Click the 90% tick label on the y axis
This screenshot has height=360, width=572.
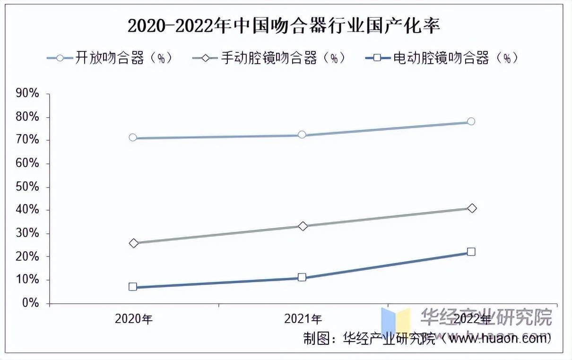coord(27,94)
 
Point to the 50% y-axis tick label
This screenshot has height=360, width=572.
coord(27,187)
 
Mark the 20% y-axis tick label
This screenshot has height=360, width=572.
coord(27,257)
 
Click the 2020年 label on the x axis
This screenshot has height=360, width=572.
coord(134,319)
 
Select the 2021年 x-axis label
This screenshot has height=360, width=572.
coord(303,319)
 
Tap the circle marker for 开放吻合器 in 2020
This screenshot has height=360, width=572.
coord(133,137)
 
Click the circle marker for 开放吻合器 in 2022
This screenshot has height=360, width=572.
coord(471,121)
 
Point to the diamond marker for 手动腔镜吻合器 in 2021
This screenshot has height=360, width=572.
coord(303,226)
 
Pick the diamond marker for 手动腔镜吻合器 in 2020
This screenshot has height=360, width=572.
coord(134,243)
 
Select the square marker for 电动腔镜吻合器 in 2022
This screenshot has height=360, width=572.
coord(471,252)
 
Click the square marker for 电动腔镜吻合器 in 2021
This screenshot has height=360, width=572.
coord(302,277)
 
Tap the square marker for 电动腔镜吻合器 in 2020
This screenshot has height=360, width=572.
coord(133,286)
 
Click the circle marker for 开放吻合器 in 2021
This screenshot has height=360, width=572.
coord(302,135)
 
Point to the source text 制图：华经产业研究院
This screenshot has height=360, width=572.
coord(369,339)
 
